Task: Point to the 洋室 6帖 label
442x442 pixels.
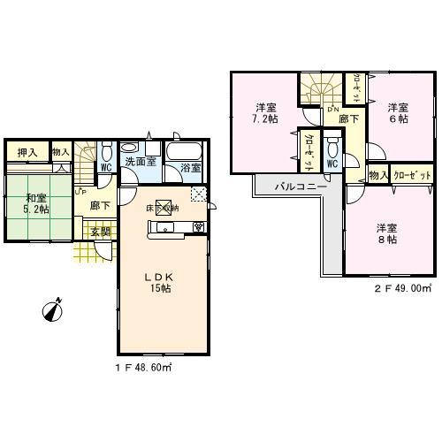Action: [399, 110]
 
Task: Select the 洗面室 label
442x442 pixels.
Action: [140, 163]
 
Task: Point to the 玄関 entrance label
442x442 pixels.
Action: [101, 232]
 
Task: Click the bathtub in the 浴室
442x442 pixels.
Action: [188, 149]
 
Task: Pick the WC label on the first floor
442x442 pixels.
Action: [105, 166]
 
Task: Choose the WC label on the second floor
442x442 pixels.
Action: [332, 164]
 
